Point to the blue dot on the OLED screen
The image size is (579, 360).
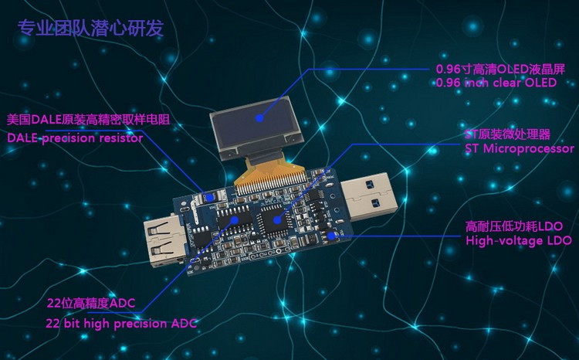pos(260,119)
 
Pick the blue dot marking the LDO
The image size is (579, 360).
pos(332,236)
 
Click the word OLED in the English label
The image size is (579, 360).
pos(540,83)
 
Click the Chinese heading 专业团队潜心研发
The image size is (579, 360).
pos(90,29)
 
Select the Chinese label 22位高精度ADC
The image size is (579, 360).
pos(90,303)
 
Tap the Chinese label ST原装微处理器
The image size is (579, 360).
pos(506,133)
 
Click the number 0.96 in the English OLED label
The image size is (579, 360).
pos(449,83)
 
